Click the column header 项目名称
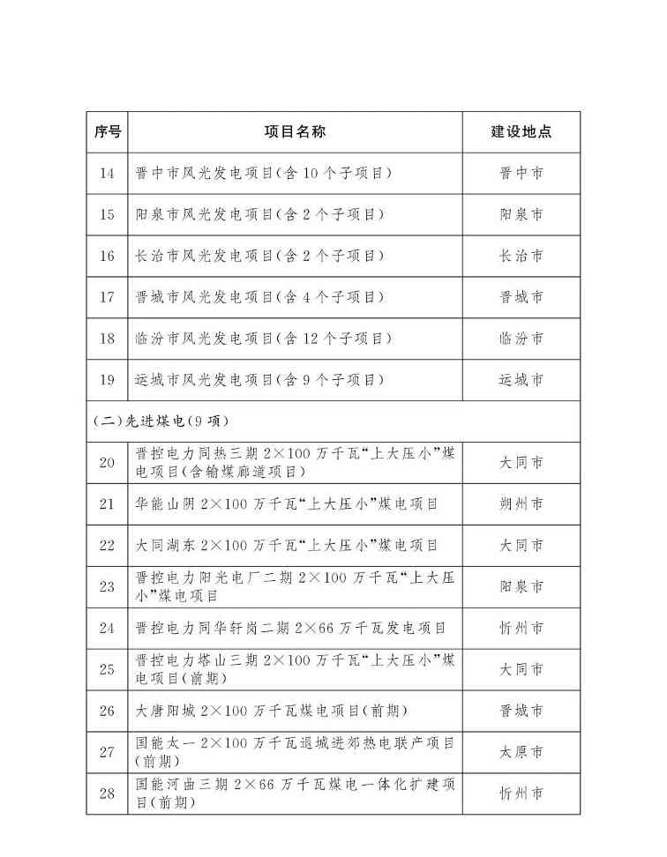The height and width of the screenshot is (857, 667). tap(295, 131)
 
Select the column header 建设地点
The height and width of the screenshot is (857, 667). tap(521, 131)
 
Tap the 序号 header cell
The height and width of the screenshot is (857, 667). tap(107, 131)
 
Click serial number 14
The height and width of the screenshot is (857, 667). tap(107, 173)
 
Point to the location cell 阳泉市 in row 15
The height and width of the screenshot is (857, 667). tap(521, 214)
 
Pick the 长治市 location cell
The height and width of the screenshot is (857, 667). tap(521, 256)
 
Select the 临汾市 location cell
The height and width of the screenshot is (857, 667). tap(521, 339)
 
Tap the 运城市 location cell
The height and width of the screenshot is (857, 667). tap(521, 380)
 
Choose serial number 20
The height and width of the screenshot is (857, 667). tap(107, 463)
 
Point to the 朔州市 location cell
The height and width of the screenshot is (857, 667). tap(521, 504)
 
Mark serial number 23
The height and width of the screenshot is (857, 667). tap(107, 587)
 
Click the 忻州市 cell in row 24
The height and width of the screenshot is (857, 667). tap(521, 629)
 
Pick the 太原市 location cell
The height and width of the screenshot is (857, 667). tap(521, 752)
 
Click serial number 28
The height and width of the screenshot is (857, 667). tap(107, 794)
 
